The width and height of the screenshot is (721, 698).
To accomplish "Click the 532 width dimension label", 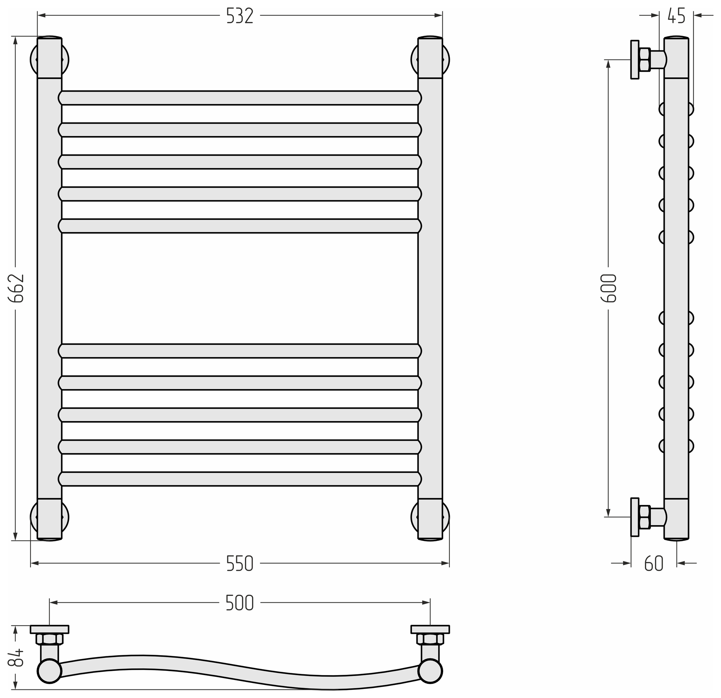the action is pos(240,16).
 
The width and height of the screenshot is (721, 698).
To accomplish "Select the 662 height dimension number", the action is pos(16,289).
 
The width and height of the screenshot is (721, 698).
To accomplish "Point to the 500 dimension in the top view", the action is pos(240,603).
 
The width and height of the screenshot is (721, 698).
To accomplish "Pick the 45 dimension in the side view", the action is pos(677,16).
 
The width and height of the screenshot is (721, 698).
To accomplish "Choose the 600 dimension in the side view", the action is pos(609,289).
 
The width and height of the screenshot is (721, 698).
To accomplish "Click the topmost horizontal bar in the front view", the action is pos(240,98).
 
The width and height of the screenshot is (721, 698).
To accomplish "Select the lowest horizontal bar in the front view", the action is pos(240,479).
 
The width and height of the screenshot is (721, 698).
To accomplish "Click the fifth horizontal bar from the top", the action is pos(240,226).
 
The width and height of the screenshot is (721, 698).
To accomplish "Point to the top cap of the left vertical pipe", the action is pos(50,57).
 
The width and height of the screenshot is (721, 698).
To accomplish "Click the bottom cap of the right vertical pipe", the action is pos(430,520).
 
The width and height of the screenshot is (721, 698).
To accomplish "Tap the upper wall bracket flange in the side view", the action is pos(635,60).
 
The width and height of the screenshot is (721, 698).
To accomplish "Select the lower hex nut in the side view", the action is pos(644,517).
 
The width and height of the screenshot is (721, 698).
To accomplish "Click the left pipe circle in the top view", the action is pos(50,671).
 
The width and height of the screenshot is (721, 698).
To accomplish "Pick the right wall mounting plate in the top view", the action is pos(430,629).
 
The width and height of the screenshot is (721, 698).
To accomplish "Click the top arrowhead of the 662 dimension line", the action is pos(15,40).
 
